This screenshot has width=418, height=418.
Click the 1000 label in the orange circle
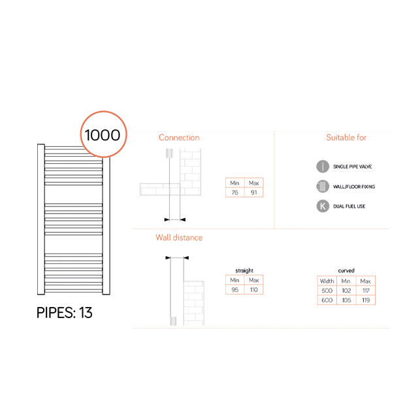[102, 135]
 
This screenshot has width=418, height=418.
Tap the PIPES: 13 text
[64, 313]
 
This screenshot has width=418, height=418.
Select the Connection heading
[179, 138]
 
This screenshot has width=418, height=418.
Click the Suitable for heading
[346, 138]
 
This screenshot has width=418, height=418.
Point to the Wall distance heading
[179, 238]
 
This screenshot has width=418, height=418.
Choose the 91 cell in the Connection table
[254, 193]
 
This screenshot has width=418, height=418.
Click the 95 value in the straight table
[235, 289]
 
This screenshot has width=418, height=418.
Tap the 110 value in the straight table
[254, 289]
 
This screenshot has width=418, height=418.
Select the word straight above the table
[244, 270]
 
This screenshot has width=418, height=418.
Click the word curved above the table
[346, 270]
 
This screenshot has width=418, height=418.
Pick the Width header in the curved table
[327, 281]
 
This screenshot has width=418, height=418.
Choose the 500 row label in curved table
[327, 290]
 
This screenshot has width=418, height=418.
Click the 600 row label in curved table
[327, 300]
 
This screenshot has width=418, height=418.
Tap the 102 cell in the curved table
[346, 290]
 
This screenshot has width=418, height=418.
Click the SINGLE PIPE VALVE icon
[322, 167]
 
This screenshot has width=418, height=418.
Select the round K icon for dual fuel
[322, 206]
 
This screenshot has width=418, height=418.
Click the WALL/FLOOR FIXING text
[354, 187]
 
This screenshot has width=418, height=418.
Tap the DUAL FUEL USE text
[349, 207]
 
